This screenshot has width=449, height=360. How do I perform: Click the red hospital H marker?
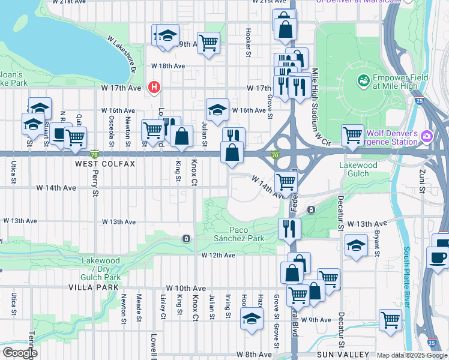(154, 88)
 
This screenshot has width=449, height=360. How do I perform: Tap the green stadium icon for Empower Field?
(363, 80)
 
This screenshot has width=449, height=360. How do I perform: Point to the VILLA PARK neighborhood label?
(103, 287)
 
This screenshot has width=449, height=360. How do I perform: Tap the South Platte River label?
(406, 277)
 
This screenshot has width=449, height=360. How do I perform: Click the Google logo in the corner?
(19, 353)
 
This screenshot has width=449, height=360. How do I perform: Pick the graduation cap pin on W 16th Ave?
(217, 109)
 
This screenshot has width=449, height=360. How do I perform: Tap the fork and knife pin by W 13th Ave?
(289, 228)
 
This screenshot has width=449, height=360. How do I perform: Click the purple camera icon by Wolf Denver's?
(427, 136)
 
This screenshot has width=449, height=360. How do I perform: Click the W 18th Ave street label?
(168, 65)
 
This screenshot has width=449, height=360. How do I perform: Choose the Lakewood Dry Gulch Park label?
(101, 269)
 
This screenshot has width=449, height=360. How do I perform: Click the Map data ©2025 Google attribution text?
(412, 355)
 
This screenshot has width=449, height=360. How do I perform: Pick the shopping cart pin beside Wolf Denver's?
(352, 134)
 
